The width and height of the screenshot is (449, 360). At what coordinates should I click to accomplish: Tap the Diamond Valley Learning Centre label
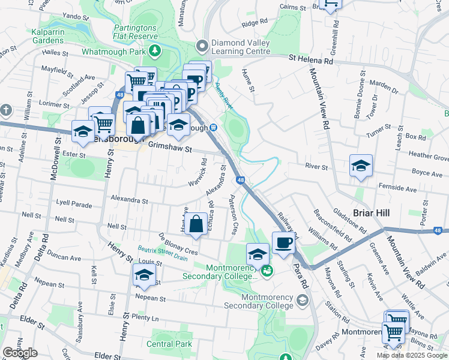243,47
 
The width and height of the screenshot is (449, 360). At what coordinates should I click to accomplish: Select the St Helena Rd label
310,61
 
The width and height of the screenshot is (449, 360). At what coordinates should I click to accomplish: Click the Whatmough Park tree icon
155,50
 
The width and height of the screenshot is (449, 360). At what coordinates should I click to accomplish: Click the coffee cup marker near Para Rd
283,243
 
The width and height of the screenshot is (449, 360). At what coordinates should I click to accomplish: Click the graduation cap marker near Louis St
144,275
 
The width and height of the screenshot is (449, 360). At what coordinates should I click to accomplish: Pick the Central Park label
170,344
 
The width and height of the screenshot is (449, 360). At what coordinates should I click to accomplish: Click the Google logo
20,353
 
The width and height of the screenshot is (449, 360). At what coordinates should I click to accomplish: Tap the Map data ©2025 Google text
412,355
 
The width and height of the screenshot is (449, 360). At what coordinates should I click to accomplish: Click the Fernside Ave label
401,189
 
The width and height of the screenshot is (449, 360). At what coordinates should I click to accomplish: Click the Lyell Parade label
73,205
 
